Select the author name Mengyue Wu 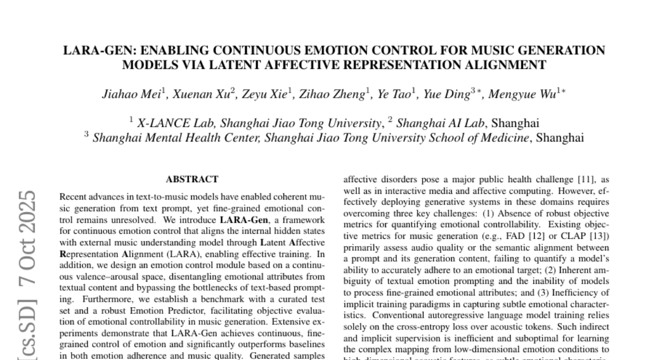[530, 94]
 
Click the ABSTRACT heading [192, 179]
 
